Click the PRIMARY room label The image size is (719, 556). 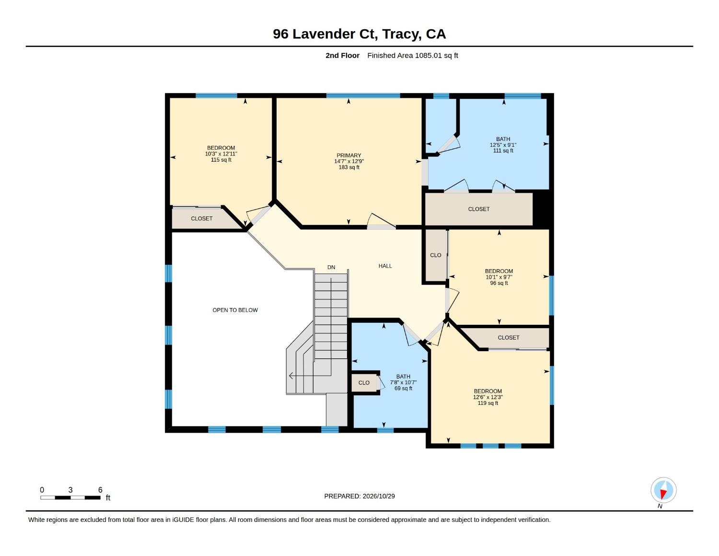pyautogui.click(x=349, y=155)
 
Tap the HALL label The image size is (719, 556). pyautogui.click(x=385, y=266)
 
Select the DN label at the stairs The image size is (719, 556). pyautogui.click(x=331, y=267)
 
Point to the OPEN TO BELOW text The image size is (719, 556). pyautogui.click(x=235, y=310)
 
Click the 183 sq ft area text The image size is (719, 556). pyautogui.click(x=349, y=167)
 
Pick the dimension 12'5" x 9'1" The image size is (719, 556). pyautogui.click(x=503, y=145)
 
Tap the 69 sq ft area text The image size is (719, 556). pyautogui.click(x=403, y=388)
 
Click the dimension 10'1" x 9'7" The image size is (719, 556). pyautogui.click(x=499, y=277)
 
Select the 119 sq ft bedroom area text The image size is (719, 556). pyautogui.click(x=487, y=403)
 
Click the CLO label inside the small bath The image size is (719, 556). pyautogui.click(x=364, y=383)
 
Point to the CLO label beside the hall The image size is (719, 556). pyautogui.click(x=435, y=255)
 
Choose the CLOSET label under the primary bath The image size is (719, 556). pyautogui.click(x=479, y=209)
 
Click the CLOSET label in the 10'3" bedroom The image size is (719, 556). pyautogui.click(x=201, y=219)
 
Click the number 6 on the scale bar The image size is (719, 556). pyautogui.click(x=100, y=490)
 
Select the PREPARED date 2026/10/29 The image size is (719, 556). pyautogui.click(x=379, y=496)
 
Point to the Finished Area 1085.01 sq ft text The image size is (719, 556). pyautogui.click(x=413, y=55)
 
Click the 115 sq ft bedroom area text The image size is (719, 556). pyautogui.click(x=221, y=160)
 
